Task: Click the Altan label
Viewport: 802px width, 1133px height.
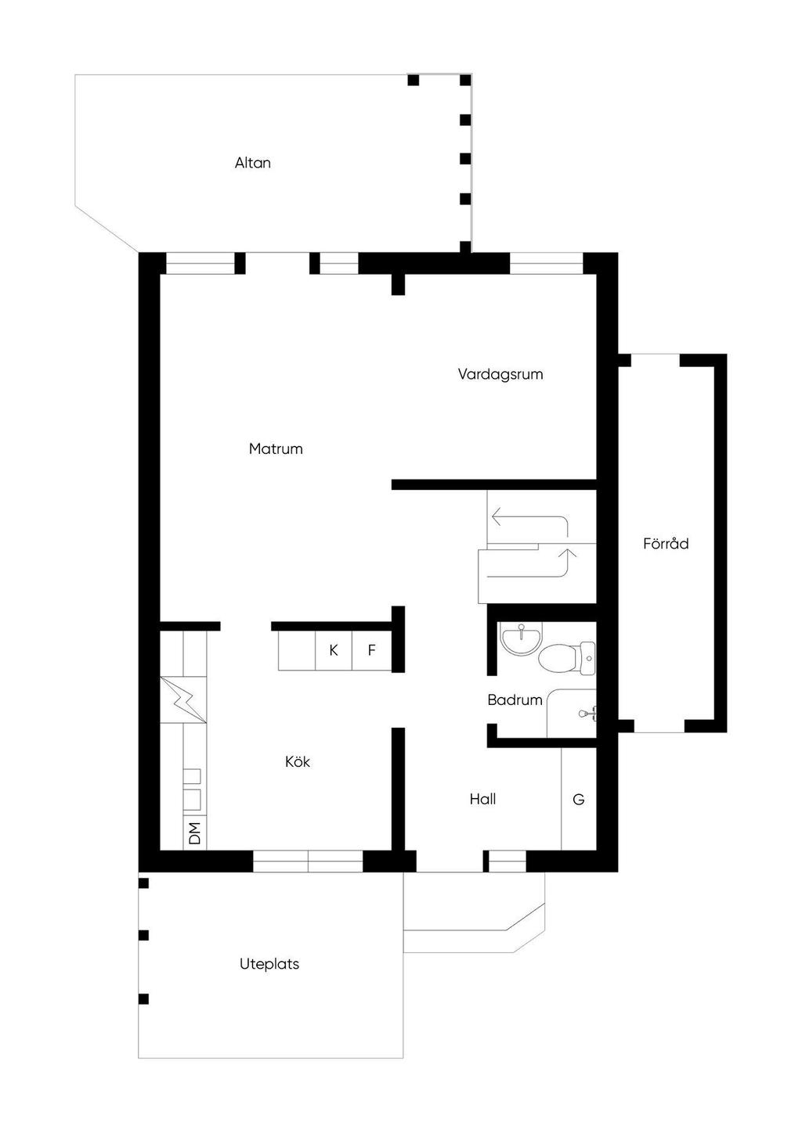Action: [252, 163]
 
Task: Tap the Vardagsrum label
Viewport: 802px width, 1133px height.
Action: [500, 374]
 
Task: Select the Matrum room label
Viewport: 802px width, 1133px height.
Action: [276, 448]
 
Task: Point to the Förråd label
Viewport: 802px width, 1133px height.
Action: [666, 543]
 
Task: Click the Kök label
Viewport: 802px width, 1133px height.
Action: [298, 761]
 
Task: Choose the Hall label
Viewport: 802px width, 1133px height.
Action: [482, 799]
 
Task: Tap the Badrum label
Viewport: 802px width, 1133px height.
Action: [515, 700]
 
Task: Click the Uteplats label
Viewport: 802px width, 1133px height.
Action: [269, 964]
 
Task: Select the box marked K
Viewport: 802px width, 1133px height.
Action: [334, 650]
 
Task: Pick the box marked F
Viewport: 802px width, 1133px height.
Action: [371, 650]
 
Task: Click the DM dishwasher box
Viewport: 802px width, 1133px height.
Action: [195, 833]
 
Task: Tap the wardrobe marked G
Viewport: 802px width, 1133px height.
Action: [579, 799]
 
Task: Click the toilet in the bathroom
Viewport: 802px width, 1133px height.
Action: [565, 657]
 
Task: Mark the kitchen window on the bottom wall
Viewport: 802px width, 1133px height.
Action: [308, 861]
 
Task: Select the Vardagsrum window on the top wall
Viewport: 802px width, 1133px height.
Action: [547, 264]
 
